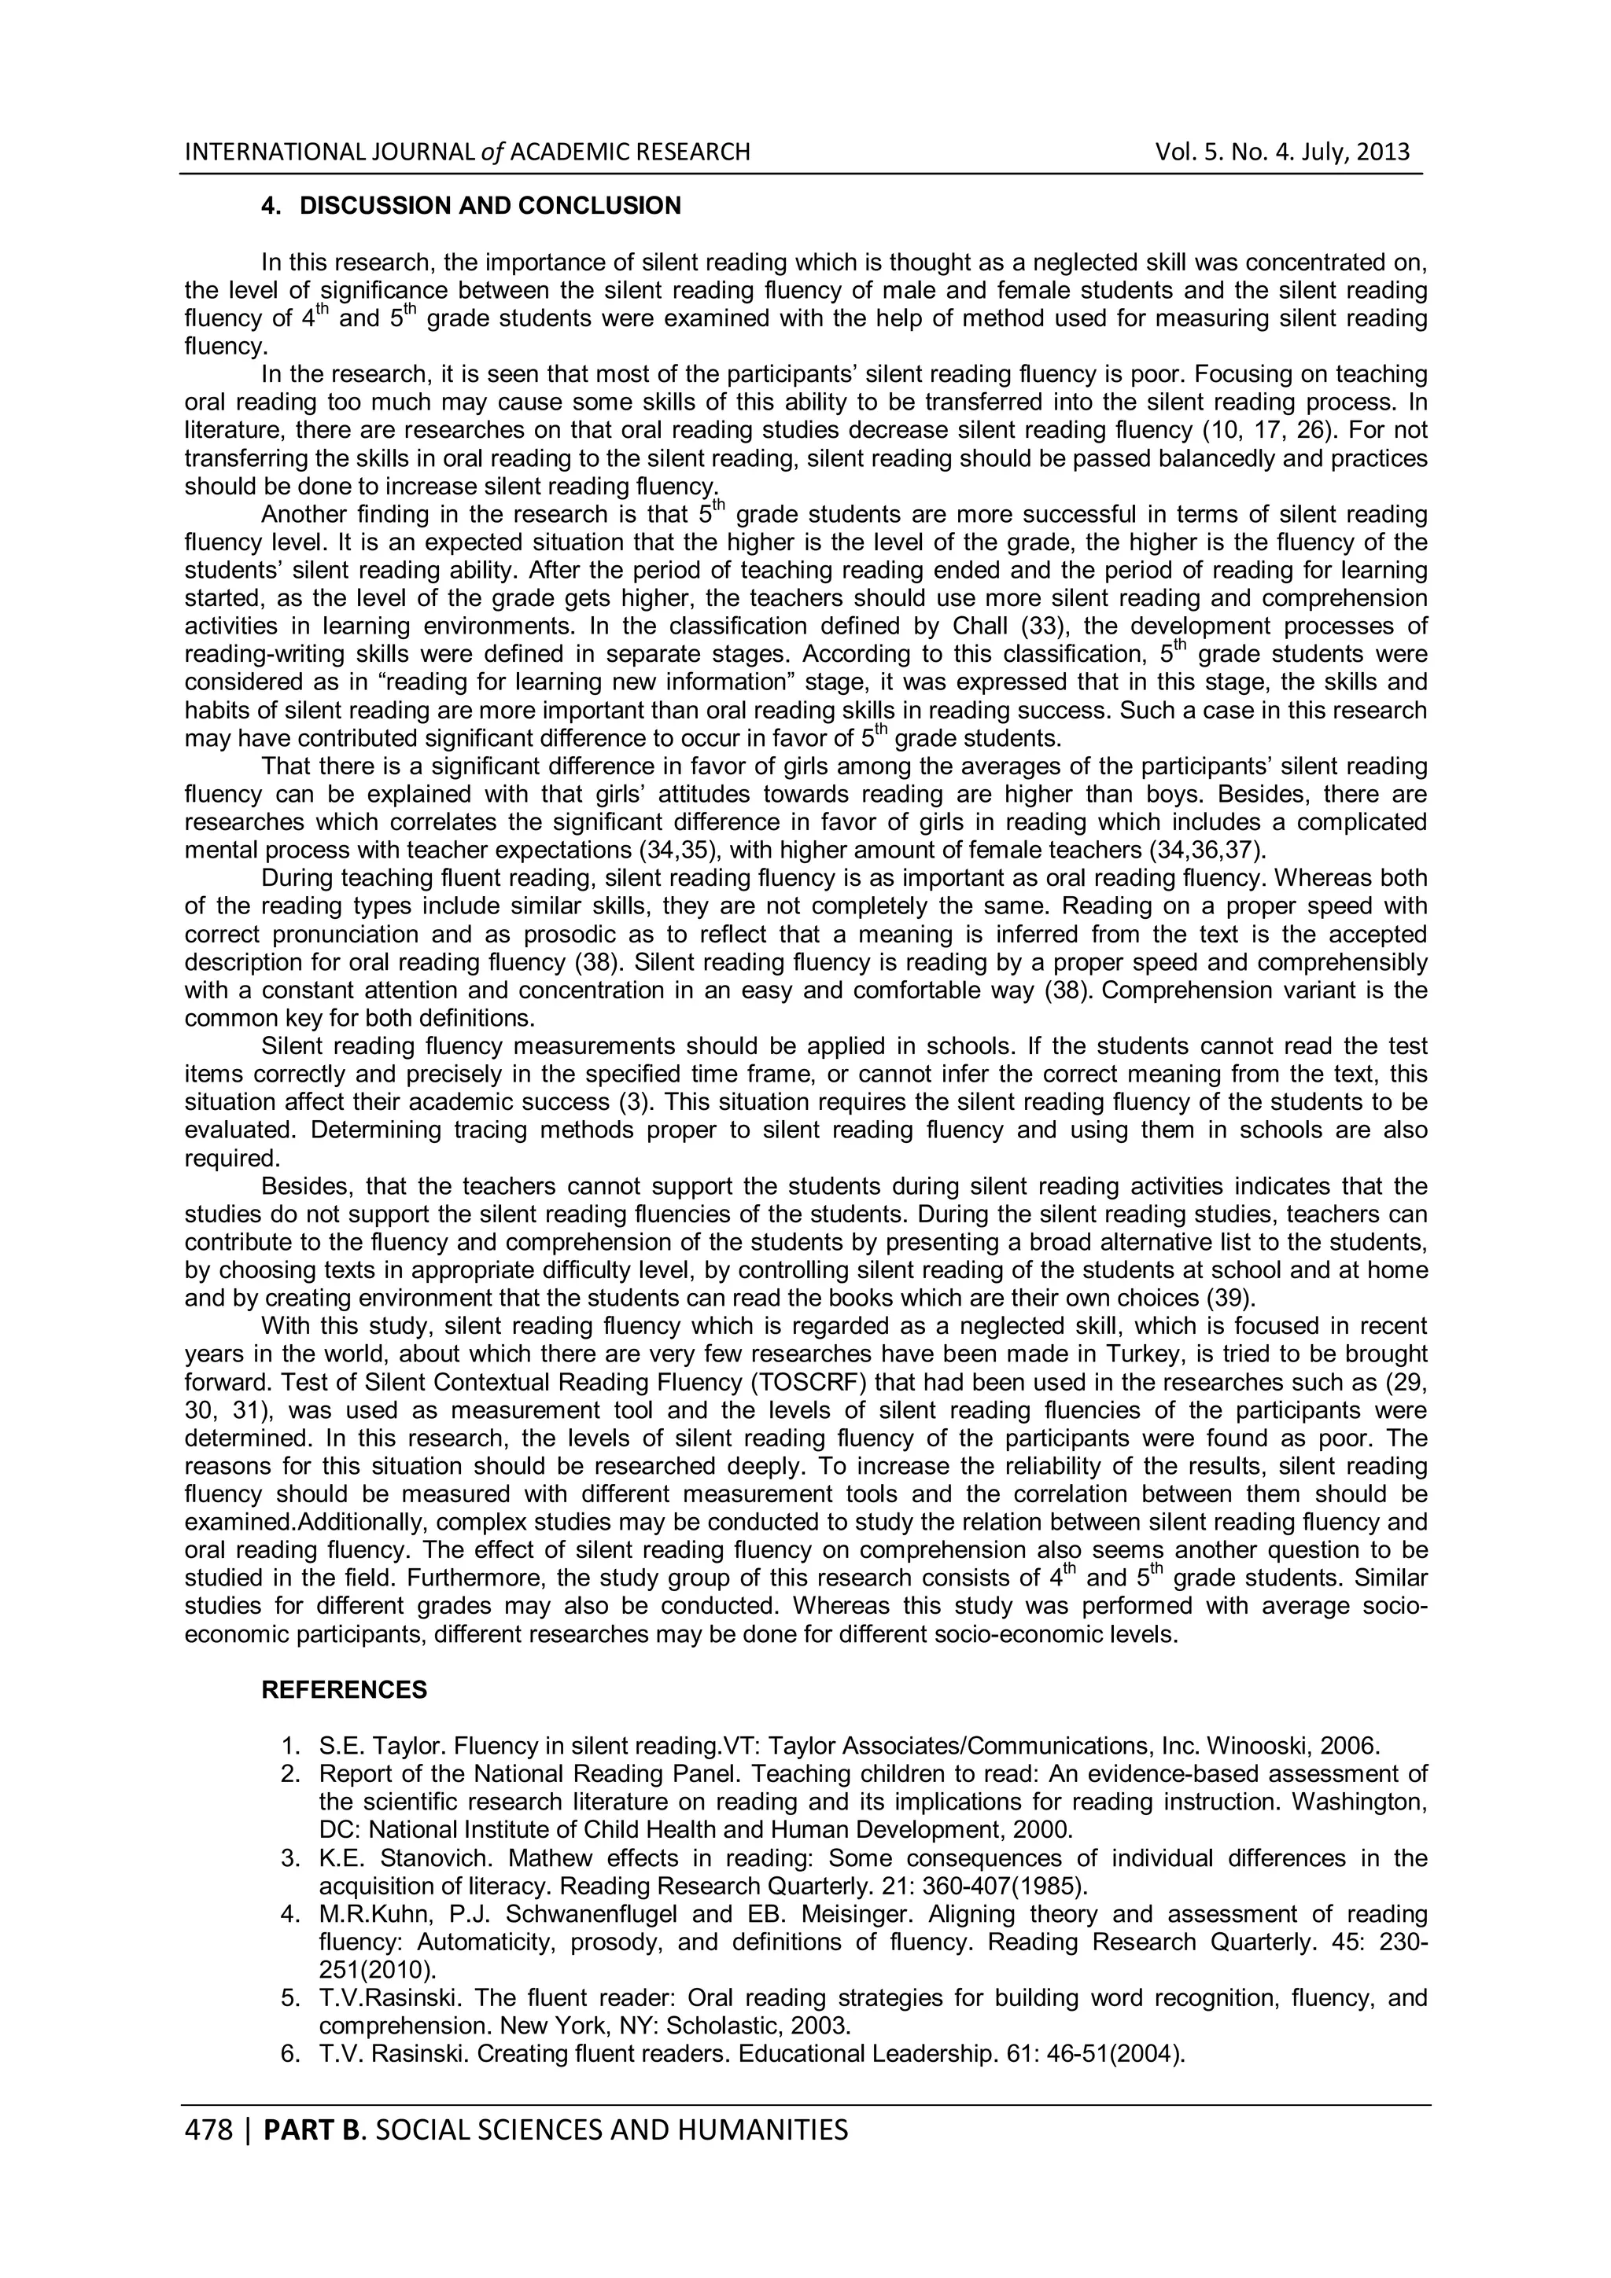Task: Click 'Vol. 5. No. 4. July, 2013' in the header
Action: click(x=1281, y=152)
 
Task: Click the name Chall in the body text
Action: click(x=979, y=626)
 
